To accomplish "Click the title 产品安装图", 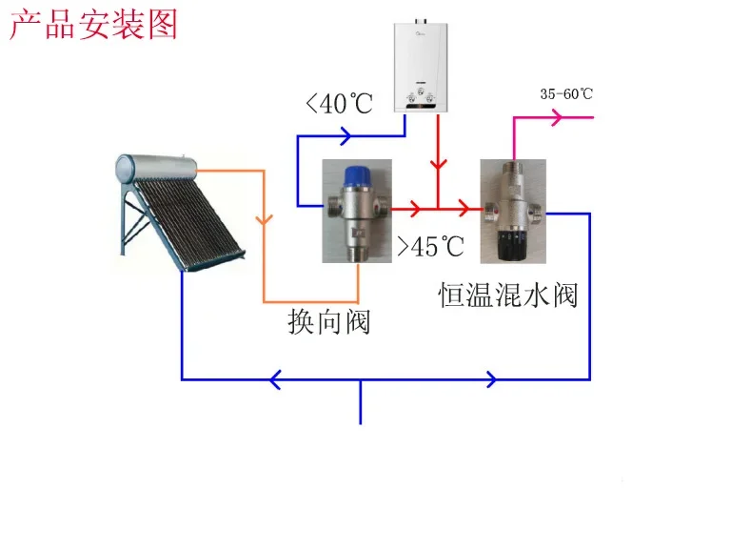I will click(x=93, y=25).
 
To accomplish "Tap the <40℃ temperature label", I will click(x=340, y=103).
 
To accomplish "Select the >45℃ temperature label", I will click(x=430, y=247).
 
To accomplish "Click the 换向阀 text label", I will click(x=329, y=322).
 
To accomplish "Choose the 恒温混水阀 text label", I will click(x=508, y=294).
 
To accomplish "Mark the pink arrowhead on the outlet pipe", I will click(x=559, y=118).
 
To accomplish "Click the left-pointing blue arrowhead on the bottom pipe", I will click(x=274, y=379).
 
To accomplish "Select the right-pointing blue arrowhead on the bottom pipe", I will click(x=491, y=379).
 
